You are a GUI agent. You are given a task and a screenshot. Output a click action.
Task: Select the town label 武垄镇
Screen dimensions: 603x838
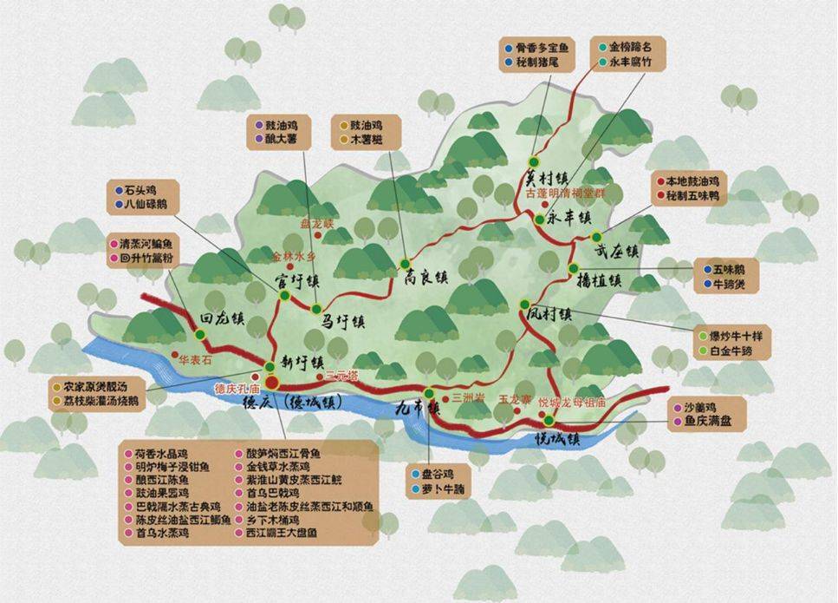[616, 252]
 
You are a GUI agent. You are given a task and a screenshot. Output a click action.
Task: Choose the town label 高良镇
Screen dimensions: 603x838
[425, 277]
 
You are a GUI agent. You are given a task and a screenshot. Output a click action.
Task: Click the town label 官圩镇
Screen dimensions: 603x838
[296, 282]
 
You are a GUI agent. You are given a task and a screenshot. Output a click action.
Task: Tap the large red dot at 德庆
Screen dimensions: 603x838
[272, 382]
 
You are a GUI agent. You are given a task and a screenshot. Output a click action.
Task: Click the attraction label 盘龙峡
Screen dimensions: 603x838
[316, 224]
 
